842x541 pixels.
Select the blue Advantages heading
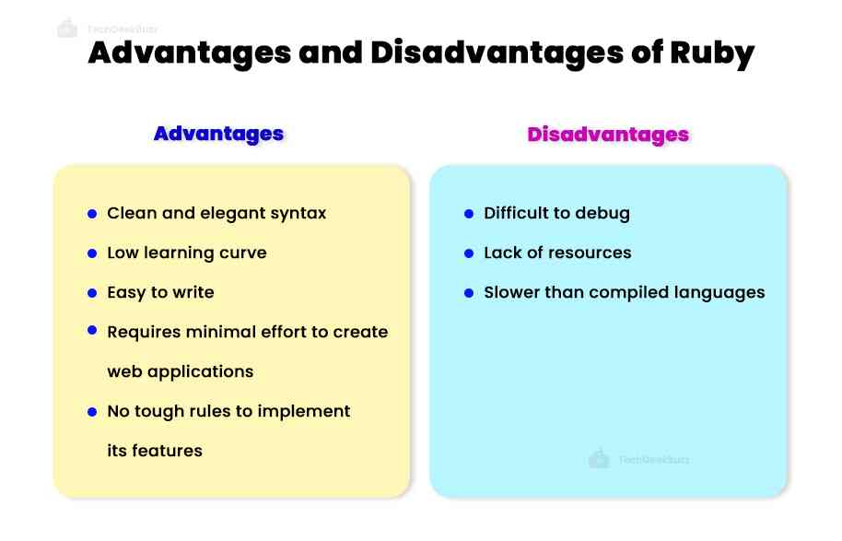point(218,134)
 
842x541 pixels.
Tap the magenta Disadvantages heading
point(608,135)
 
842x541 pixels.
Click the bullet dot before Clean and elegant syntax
point(92,214)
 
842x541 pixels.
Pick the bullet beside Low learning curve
point(92,253)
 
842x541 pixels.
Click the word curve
point(242,253)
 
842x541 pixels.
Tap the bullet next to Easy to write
point(92,293)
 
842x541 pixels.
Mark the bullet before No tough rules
point(92,411)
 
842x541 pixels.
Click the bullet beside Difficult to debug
point(469,214)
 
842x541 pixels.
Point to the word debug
point(603,214)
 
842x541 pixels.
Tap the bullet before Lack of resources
point(469,253)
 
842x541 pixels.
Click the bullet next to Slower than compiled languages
point(469,293)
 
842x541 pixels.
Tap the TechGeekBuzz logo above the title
point(67,29)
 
